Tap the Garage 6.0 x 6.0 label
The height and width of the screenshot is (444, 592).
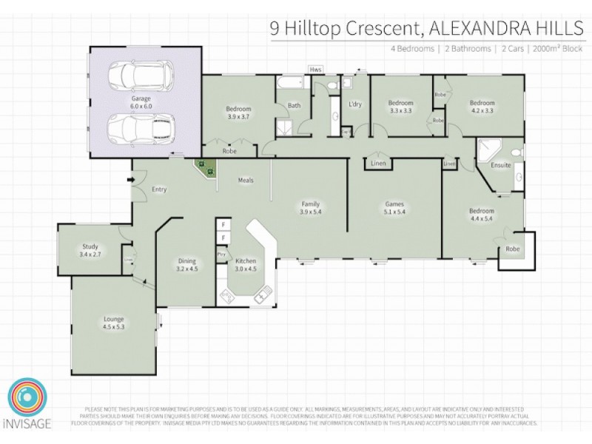click(x=141, y=102)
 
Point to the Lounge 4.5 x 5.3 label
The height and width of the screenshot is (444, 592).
click(x=114, y=323)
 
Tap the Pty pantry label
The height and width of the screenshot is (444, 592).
click(x=221, y=255)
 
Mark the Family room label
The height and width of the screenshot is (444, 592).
click(x=309, y=208)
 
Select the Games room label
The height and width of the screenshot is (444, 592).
click(x=393, y=208)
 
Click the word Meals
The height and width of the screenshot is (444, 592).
click(x=246, y=180)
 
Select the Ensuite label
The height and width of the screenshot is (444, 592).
click(x=500, y=165)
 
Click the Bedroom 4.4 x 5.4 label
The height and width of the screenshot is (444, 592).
click(x=481, y=215)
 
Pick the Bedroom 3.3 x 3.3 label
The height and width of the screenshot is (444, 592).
click(x=400, y=106)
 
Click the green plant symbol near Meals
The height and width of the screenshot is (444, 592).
click(x=206, y=169)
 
